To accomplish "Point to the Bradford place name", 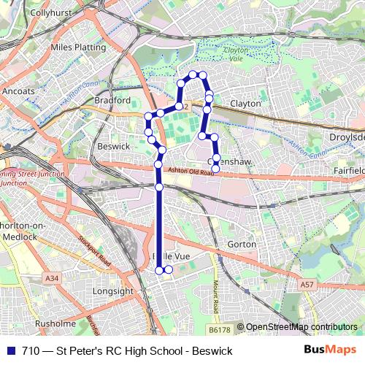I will [x=112, y=100].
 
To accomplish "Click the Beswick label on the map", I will [x=113, y=146].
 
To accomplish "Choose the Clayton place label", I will [x=245, y=104].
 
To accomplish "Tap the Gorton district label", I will [x=242, y=244].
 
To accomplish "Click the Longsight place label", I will [x=115, y=291].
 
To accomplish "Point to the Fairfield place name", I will [x=347, y=170].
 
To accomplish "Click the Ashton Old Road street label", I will [x=193, y=172].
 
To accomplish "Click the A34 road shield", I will [x=51, y=278].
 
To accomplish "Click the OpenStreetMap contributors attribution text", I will [x=301, y=327].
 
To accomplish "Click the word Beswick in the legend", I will [x=212, y=351].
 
